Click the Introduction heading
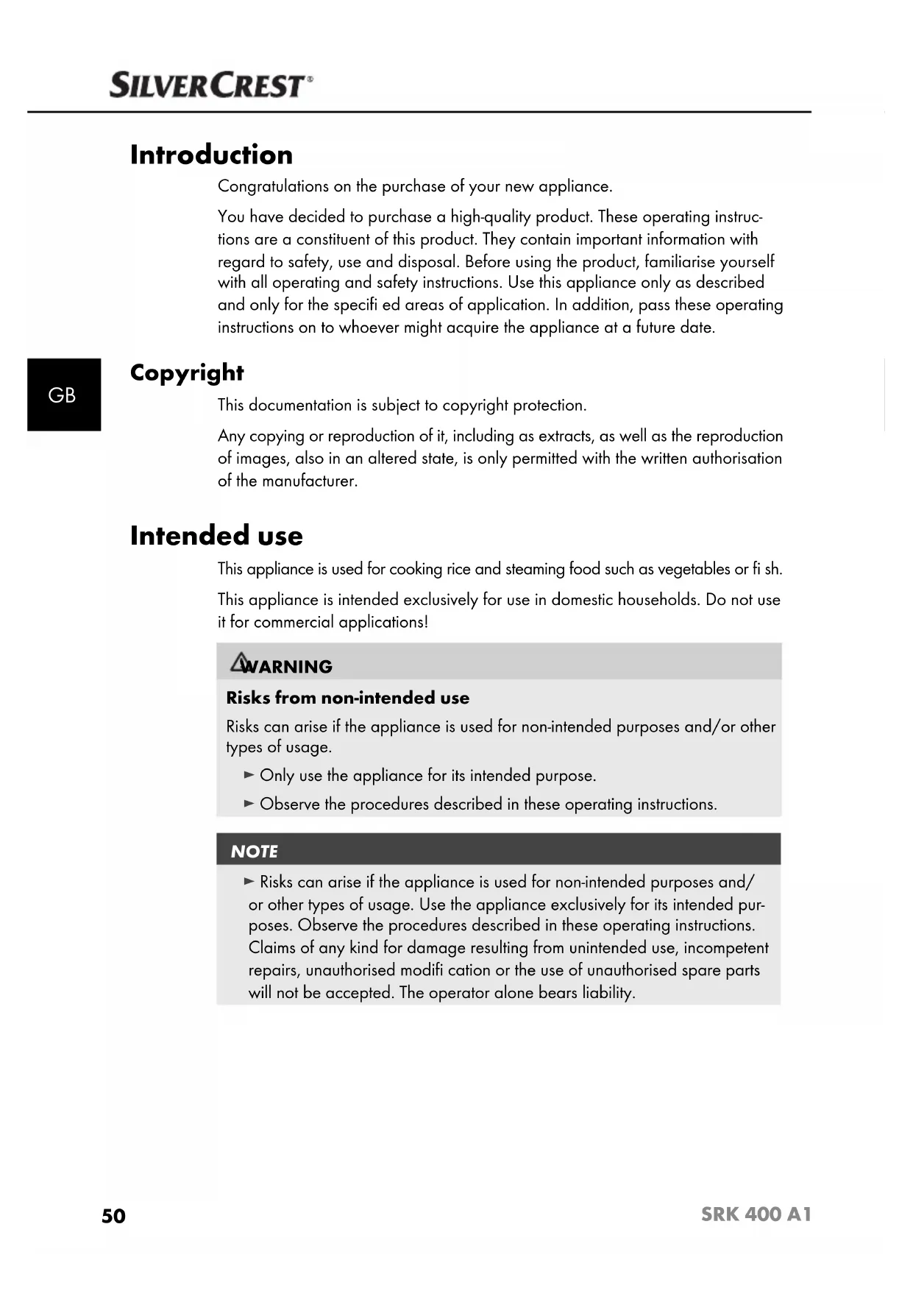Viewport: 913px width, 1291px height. coord(211,155)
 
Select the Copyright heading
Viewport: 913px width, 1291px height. coord(187,373)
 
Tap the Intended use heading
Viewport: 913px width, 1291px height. coord(216,536)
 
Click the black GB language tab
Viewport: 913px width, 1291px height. coord(63,395)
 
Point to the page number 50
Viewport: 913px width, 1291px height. coord(114,1216)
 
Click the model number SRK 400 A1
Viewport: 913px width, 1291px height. coord(756,1214)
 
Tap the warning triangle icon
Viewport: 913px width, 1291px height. coord(239,662)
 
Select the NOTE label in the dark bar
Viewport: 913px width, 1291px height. coord(255,852)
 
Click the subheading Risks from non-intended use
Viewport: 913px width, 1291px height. coord(347,698)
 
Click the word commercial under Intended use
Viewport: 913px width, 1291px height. coord(288,623)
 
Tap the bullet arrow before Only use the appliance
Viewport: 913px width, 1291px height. coord(249,775)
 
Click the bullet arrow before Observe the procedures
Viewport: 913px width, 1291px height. coord(249,804)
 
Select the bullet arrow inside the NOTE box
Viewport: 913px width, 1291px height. coord(249,881)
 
